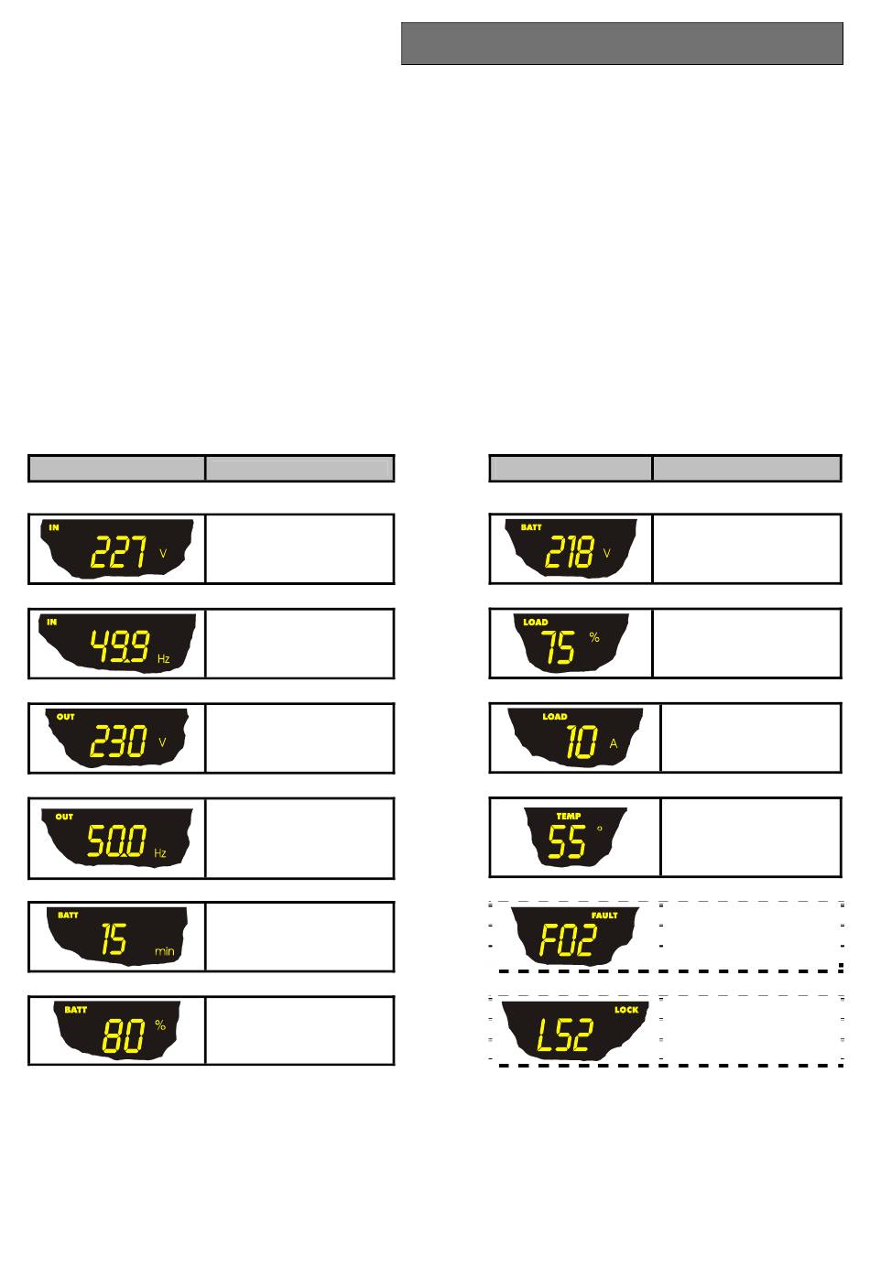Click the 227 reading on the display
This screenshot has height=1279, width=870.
tap(119, 552)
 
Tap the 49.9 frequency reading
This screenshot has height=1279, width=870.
tap(120, 646)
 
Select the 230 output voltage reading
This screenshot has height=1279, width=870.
tap(118, 742)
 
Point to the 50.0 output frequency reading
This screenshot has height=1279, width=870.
tap(116, 840)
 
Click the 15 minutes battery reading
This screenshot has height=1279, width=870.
tap(114, 938)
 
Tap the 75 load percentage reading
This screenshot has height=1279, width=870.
tap(558, 647)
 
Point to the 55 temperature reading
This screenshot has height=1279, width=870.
tap(567, 841)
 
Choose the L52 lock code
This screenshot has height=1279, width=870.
tap(565, 1035)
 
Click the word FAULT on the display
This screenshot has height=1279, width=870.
tap(604, 916)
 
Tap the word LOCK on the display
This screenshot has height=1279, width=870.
tap(626, 1010)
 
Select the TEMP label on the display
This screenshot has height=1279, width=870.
tap(569, 816)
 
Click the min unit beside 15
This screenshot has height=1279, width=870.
tap(165, 951)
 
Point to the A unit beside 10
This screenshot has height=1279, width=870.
tap(614, 743)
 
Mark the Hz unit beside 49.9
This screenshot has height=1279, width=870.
tap(163, 659)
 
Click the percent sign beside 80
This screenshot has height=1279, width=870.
tap(160, 1024)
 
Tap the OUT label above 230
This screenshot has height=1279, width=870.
tap(65, 717)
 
